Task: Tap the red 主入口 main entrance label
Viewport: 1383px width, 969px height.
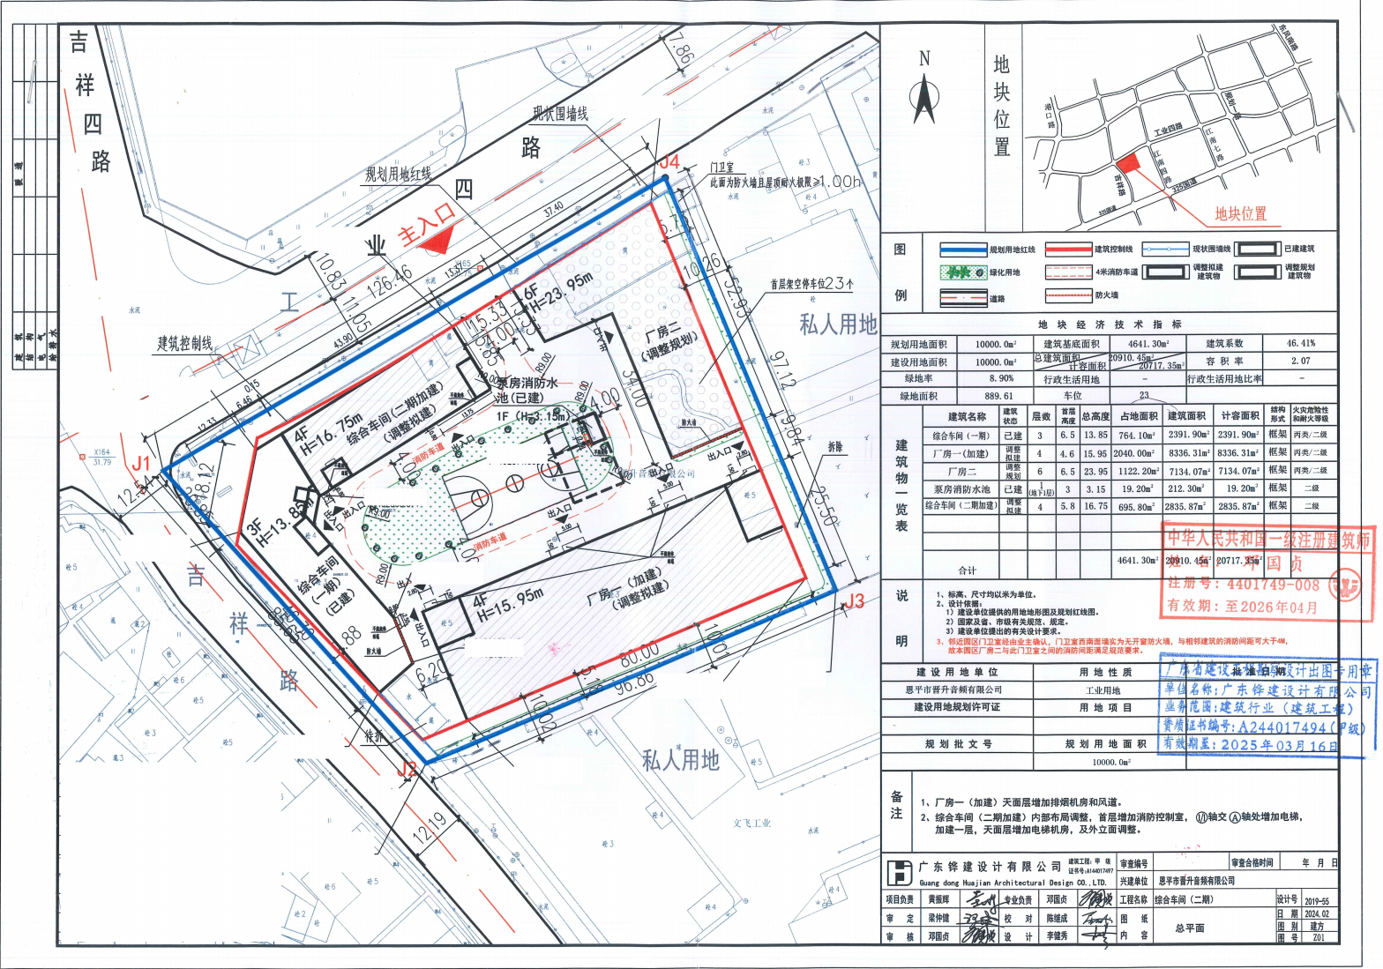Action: coord(426,222)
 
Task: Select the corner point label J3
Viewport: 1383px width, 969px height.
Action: coord(852,602)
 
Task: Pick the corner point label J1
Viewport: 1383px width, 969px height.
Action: coord(141,463)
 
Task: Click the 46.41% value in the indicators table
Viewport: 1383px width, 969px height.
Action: coord(1300,344)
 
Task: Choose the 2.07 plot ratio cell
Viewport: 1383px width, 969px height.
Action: coord(1300,362)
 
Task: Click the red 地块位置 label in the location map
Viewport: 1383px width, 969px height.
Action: coord(1239,213)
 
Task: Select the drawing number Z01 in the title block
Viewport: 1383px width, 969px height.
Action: coord(1318,938)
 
